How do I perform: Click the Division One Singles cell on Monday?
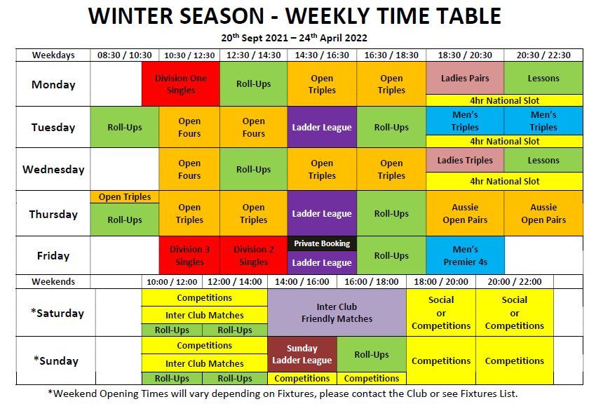pos(181,83)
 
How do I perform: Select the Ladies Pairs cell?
pos(465,78)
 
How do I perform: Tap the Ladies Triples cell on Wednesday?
pos(465,160)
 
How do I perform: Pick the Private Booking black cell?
pos(322,243)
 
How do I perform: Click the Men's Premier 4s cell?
pos(465,255)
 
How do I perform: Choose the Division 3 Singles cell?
pos(189,255)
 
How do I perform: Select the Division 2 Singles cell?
pos(254,255)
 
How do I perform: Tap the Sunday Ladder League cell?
pos(302,354)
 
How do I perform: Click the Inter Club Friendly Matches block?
pos(337,313)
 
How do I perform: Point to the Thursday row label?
pos(53,214)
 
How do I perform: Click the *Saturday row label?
pos(57,313)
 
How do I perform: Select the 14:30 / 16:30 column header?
pos(322,55)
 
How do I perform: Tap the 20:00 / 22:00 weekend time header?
pos(515,281)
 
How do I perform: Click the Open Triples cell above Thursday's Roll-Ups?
pos(125,197)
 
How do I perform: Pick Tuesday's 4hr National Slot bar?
pos(504,141)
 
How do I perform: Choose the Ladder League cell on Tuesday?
pos(322,128)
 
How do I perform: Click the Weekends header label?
pos(53,281)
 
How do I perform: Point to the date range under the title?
pos(294,38)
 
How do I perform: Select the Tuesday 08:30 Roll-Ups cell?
pos(125,128)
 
